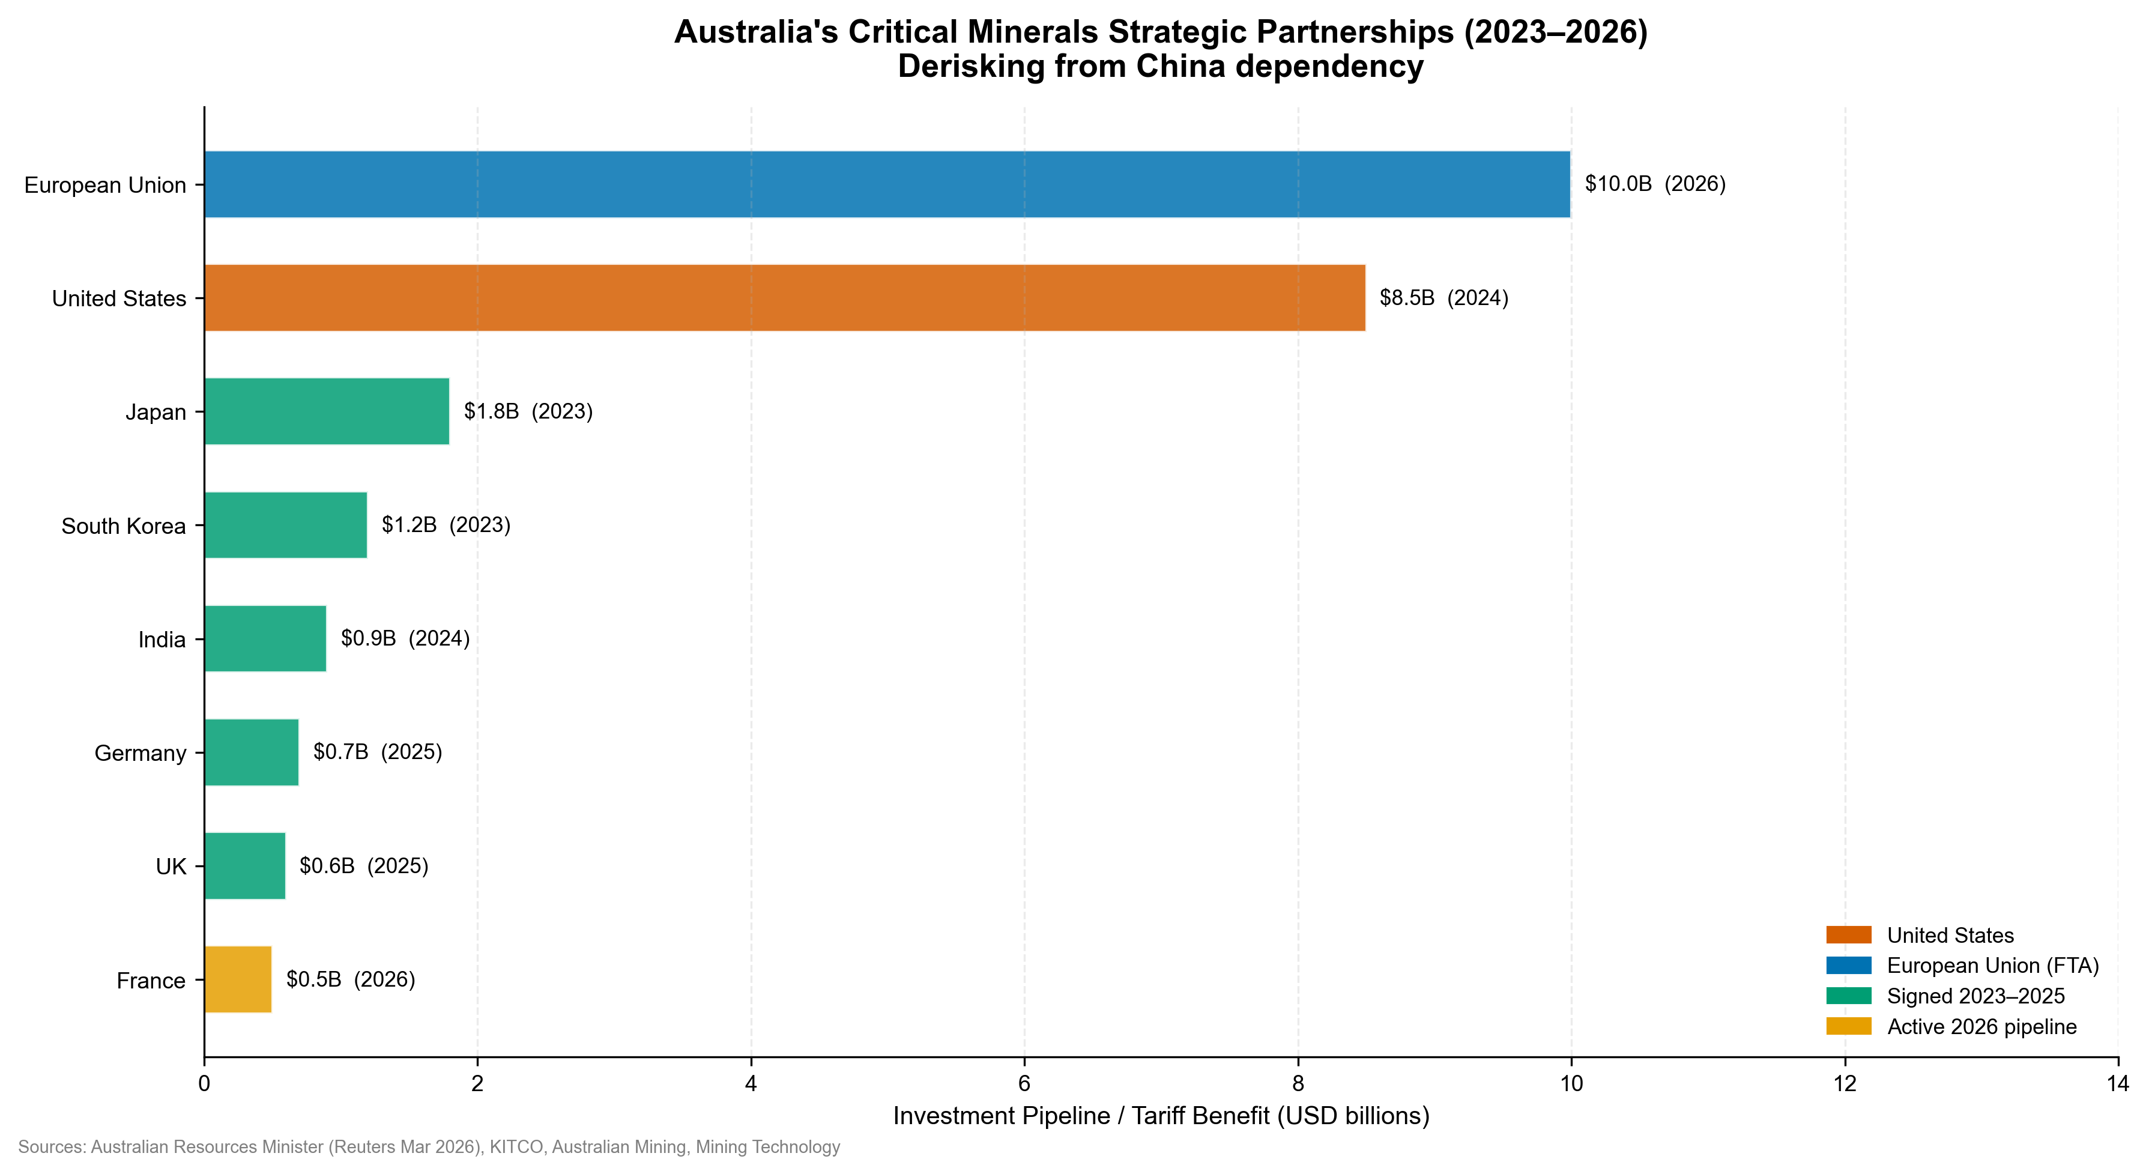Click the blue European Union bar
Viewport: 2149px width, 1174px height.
coord(887,184)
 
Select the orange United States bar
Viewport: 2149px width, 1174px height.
coord(784,298)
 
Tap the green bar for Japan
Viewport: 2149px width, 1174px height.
coord(326,411)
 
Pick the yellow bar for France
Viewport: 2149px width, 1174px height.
coord(238,979)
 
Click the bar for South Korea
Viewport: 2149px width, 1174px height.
coord(285,525)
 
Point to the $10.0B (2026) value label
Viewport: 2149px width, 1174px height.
coord(1654,184)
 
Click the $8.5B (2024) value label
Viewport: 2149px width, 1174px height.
coord(1443,298)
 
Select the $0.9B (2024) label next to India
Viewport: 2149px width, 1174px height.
coord(405,638)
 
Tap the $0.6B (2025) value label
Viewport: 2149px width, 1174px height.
coord(364,866)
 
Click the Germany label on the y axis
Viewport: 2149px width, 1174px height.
coord(140,754)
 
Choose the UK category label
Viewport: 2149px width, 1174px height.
coord(171,867)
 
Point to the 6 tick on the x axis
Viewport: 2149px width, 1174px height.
coord(1024,1084)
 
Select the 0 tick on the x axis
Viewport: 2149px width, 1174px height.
coord(204,1084)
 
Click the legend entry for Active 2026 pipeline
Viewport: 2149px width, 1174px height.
coord(1981,1027)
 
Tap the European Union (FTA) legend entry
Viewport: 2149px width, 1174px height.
coord(1992,966)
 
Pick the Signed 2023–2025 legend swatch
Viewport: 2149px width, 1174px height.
coord(1849,996)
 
